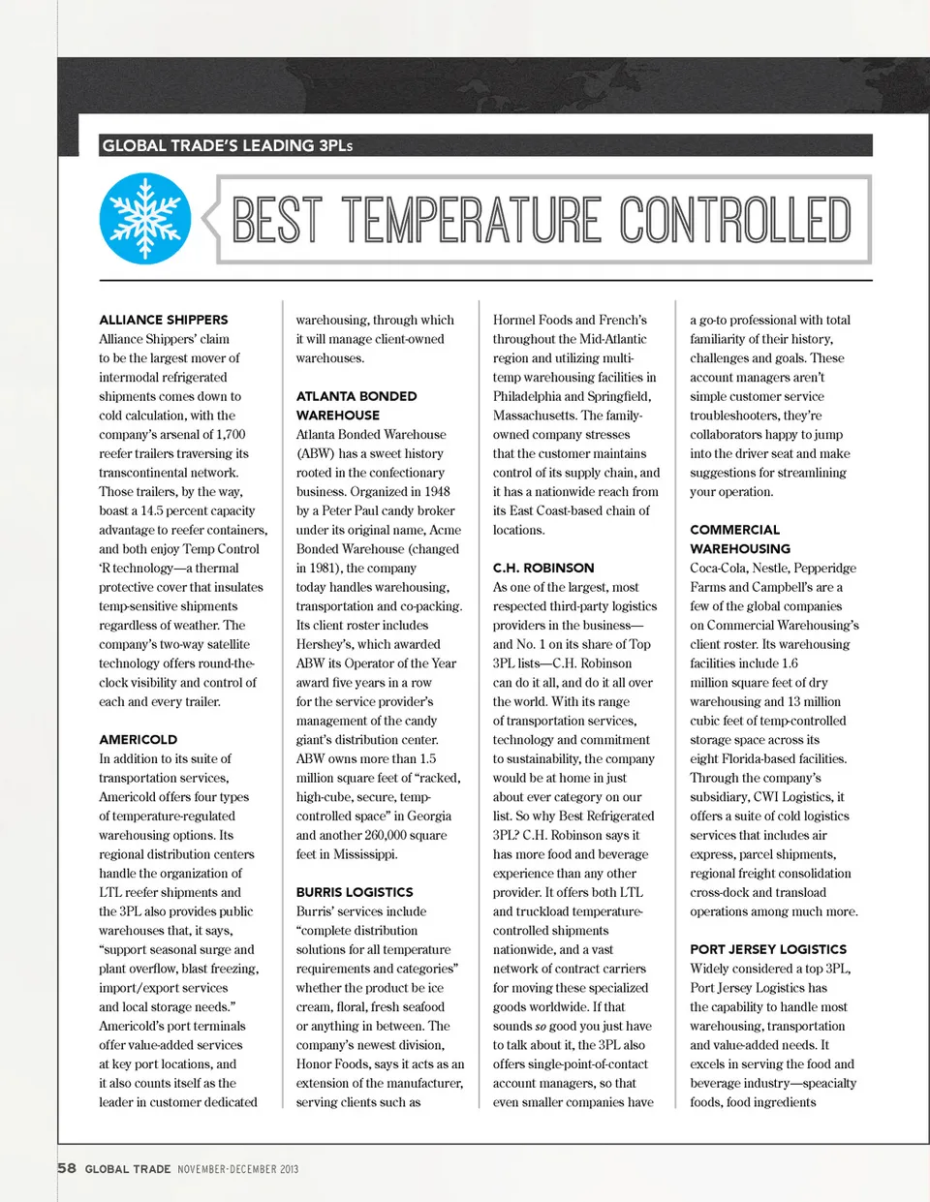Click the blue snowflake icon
(x=145, y=219)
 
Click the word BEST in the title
(x=277, y=220)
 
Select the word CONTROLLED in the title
(x=735, y=220)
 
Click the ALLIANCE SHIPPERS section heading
(x=164, y=320)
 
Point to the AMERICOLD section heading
(x=138, y=739)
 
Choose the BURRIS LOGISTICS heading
(x=355, y=892)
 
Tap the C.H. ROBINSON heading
(x=543, y=568)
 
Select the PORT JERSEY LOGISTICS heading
(x=768, y=949)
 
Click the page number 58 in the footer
(x=67, y=1168)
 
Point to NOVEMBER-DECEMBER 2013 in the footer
(x=237, y=1169)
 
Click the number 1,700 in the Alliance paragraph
(x=230, y=435)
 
